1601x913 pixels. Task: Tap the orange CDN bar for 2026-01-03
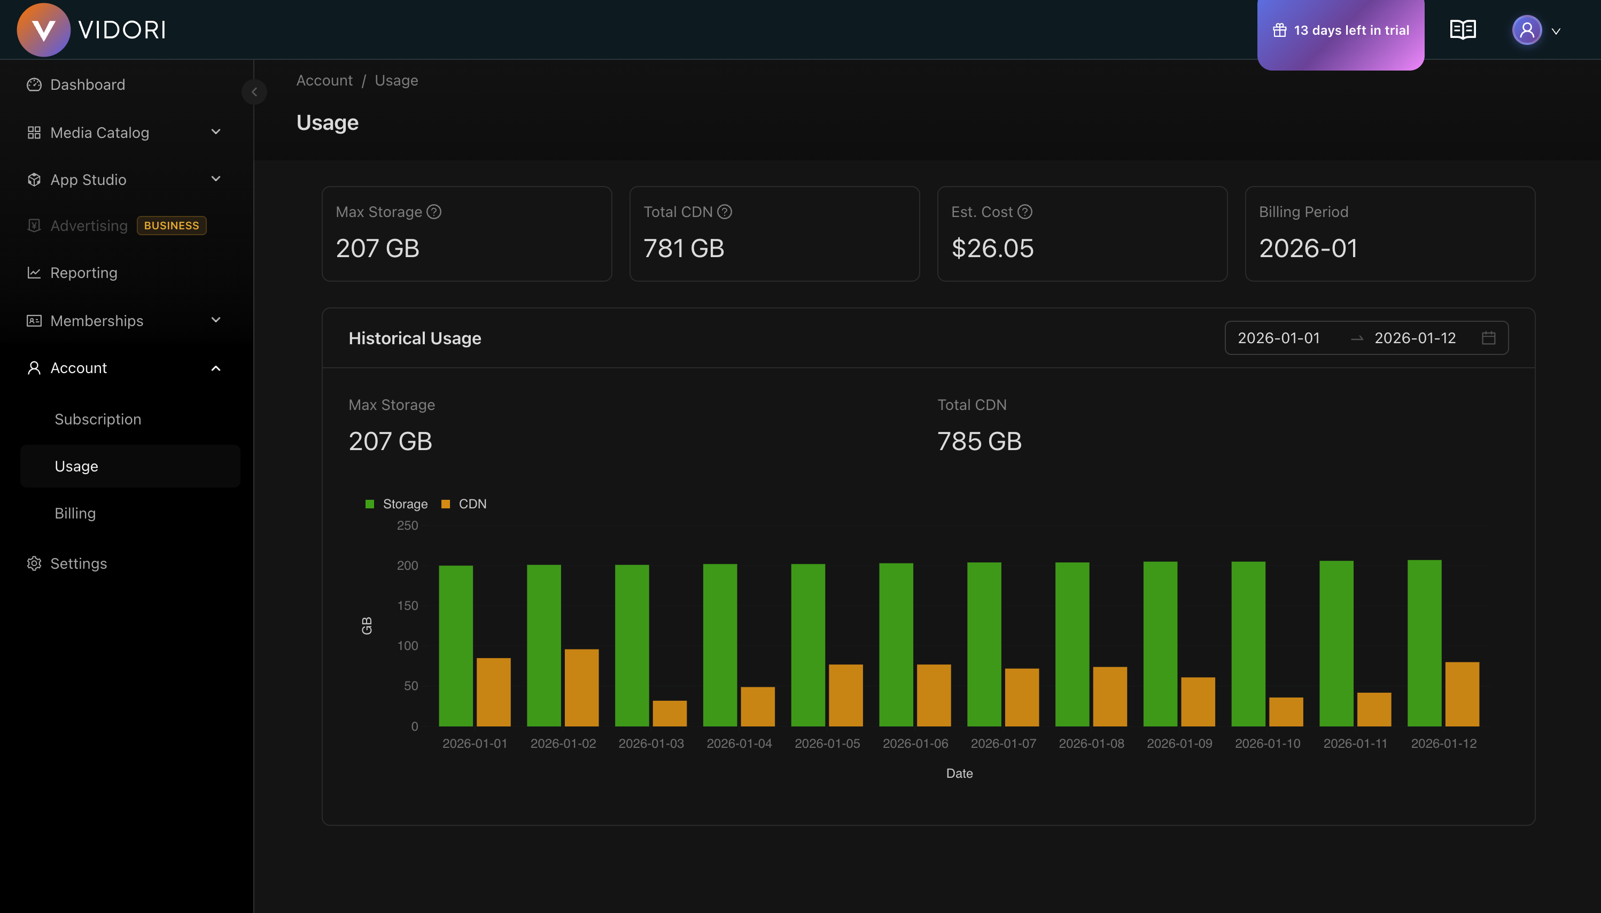pos(670,713)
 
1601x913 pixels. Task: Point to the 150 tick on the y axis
pos(407,606)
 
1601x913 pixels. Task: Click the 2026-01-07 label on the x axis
pos(1003,744)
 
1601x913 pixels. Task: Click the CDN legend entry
pos(464,504)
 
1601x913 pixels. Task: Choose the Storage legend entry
pos(397,504)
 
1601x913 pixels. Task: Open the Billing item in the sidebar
pos(75,514)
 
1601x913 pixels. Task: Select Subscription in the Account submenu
pos(98,420)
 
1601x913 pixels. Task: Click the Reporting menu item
pos(84,273)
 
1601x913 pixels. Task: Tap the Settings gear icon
pos(34,564)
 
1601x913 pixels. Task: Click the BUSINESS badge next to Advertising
pos(171,226)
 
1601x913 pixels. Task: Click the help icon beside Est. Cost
pos(1025,212)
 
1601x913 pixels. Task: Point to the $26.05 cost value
pos(992,249)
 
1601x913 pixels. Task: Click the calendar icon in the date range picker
pos(1488,338)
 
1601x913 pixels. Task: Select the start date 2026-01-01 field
pos(1279,338)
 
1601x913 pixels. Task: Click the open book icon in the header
pos(1463,30)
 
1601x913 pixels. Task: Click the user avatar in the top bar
pos(1526,30)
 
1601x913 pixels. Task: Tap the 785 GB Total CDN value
pos(979,442)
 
